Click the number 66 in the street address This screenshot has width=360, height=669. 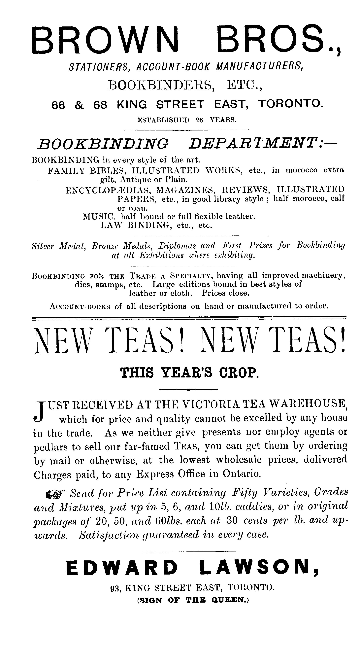click(58, 105)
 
